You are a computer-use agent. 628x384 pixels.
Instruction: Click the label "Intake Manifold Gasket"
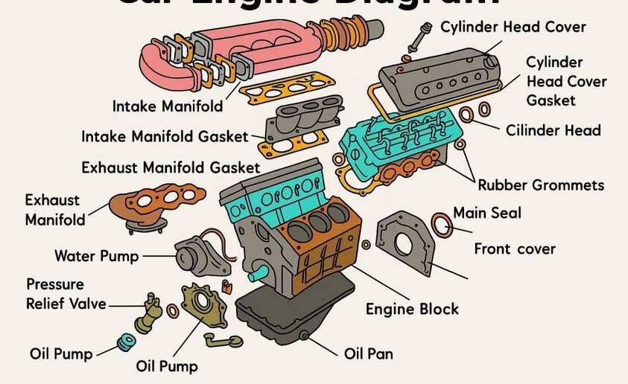164,137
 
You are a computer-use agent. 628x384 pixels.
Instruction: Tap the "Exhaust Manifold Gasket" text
171,167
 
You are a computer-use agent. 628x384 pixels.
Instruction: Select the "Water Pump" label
96,256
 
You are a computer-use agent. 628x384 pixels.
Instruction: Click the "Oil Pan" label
368,353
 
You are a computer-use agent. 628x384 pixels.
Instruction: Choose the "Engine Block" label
411,308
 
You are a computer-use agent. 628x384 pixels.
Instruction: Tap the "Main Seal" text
487,213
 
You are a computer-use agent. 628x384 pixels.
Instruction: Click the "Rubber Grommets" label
540,185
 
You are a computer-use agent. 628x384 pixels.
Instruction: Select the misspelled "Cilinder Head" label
553,130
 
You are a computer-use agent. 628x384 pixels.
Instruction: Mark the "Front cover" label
515,248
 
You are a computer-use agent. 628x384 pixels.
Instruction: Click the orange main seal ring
441,223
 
